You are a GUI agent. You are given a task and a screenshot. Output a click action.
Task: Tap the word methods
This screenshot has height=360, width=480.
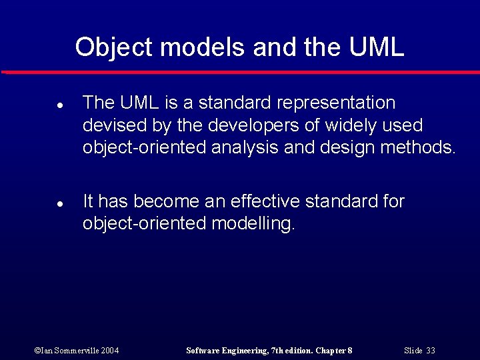417,147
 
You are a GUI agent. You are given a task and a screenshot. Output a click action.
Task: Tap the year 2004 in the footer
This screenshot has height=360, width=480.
111,350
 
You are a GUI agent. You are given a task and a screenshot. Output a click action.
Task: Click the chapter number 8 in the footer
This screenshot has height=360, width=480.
349,350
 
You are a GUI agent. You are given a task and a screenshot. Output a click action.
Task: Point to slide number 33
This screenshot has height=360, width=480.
430,350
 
